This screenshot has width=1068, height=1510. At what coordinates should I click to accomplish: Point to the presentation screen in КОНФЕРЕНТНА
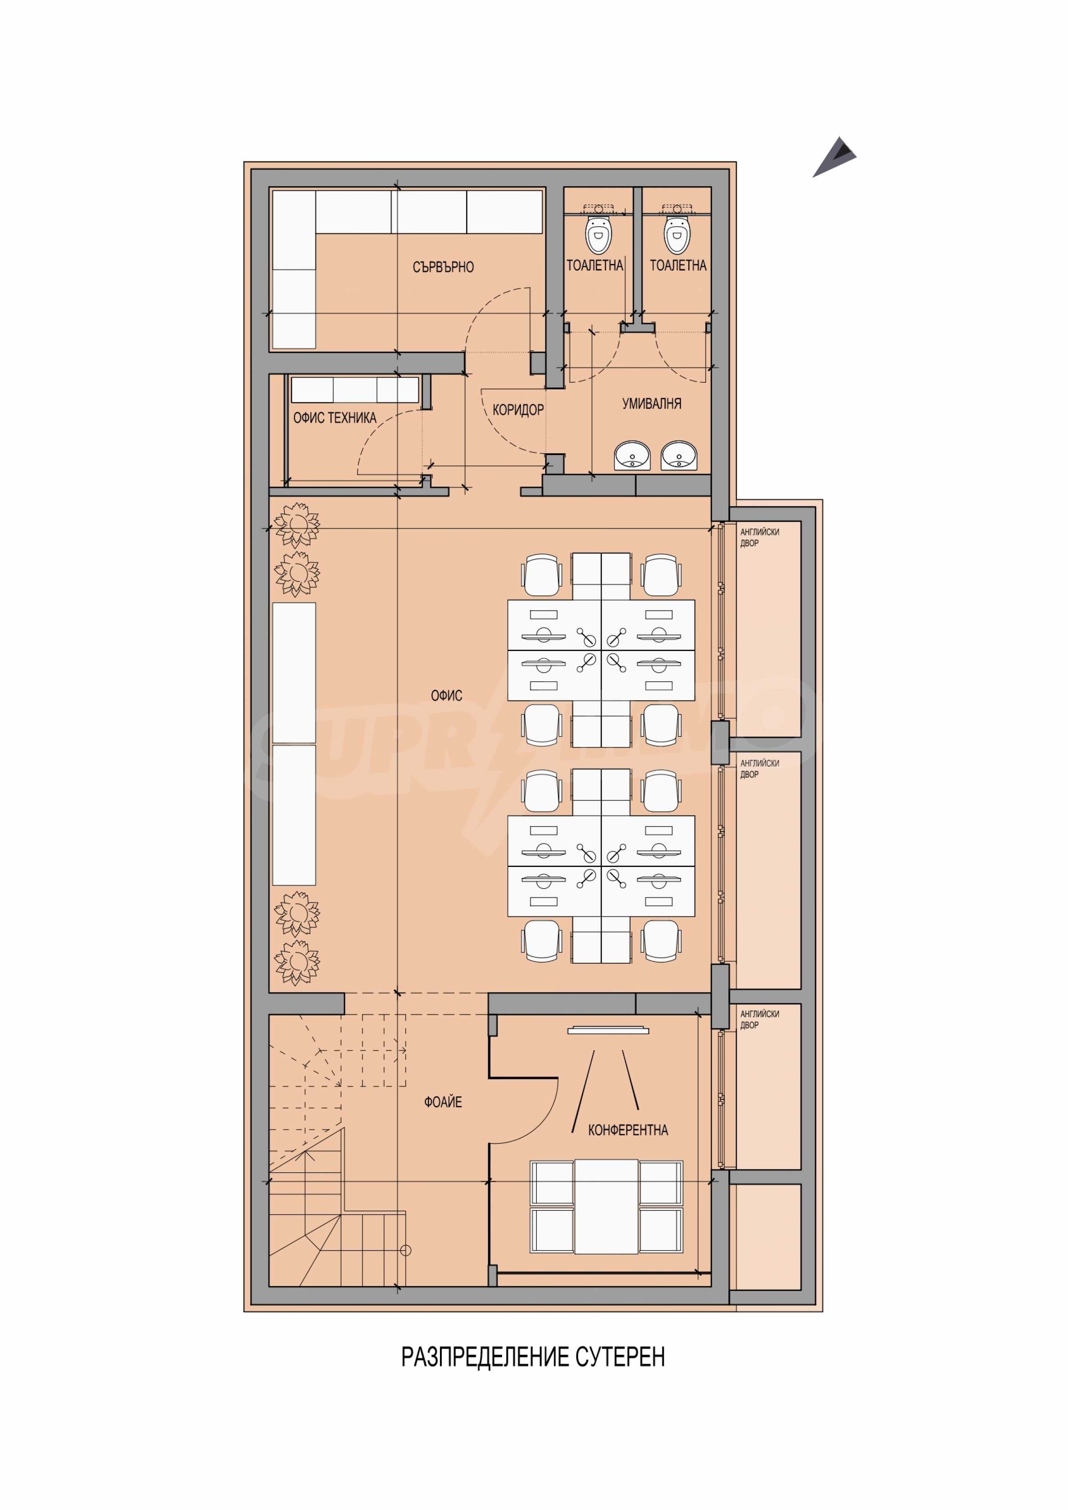[x=608, y=1030]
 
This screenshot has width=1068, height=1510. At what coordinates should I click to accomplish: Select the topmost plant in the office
[x=297, y=524]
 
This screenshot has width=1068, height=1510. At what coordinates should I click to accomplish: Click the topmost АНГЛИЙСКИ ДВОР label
[x=759, y=537]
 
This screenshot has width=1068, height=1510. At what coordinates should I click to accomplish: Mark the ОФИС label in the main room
[x=446, y=695]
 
